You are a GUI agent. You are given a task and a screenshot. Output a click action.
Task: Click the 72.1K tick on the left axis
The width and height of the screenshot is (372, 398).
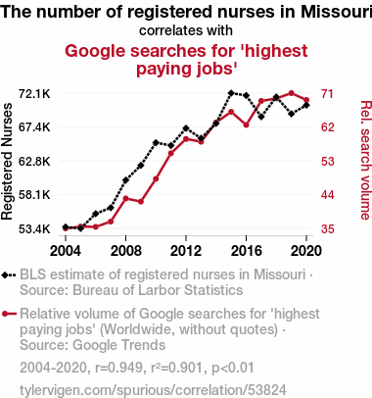click(34, 94)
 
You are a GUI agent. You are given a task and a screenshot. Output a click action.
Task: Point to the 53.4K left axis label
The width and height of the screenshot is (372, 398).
click(34, 229)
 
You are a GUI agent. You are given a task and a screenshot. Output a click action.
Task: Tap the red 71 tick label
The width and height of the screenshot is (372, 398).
click(327, 94)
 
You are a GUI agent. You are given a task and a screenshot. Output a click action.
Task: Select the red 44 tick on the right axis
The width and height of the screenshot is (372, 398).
click(328, 195)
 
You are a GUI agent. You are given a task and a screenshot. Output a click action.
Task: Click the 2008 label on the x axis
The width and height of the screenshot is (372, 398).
click(126, 251)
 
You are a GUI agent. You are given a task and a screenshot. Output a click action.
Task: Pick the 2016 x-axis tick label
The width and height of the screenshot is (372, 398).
click(247, 251)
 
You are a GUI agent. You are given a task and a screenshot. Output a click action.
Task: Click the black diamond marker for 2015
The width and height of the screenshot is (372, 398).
click(231, 93)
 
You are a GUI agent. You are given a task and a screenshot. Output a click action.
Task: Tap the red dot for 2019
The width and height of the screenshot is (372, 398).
click(292, 93)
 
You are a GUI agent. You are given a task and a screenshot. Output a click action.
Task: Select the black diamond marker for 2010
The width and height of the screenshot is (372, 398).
click(156, 143)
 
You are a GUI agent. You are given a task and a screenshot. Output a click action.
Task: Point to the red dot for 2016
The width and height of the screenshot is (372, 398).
click(247, 124)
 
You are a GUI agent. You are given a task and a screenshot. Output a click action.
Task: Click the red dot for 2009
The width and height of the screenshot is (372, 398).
click(141, 202)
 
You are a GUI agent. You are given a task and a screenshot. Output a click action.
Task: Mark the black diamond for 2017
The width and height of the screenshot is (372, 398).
click(261, 117)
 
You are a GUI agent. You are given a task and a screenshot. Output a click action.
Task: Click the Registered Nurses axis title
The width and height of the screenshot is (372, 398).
click(7, 162)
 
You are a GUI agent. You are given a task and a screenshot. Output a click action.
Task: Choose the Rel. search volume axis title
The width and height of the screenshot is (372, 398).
click(366, 160)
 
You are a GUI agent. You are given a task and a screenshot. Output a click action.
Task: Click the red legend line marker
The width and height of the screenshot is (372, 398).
click(9, 314)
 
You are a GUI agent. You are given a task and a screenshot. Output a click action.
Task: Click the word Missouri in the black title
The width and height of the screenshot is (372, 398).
click(337, 12)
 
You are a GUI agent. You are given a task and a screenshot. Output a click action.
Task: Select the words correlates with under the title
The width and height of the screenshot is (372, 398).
click(186, 30)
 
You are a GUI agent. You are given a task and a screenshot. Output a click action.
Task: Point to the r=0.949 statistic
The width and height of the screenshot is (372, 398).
click(118, 368)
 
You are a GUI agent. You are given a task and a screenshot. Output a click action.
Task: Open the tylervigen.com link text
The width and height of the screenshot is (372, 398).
click(153, 390)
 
